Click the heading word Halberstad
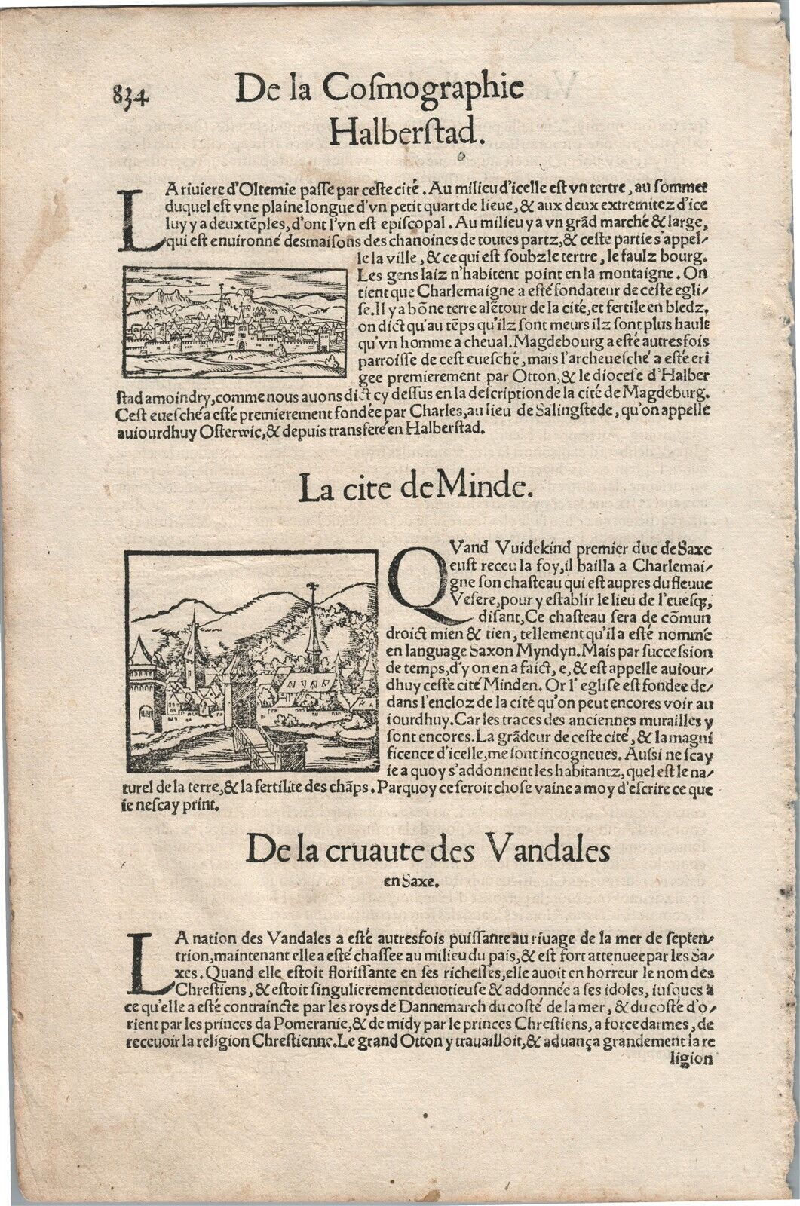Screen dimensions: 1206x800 pos(406,133)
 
